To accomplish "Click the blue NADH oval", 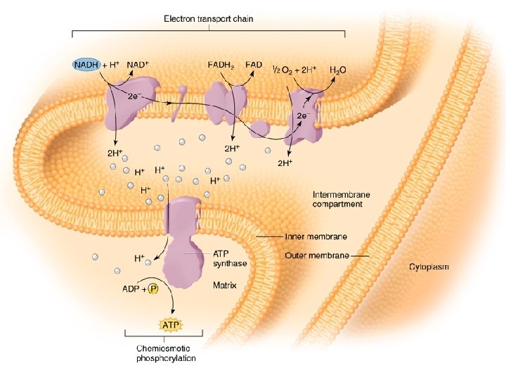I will click(x=87, y=65).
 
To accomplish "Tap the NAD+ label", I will click(x=138, y=65).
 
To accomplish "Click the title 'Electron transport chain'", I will click(x=209, y=19).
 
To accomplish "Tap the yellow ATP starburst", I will click(x=171, y=325).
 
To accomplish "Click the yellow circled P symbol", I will click(x=153, y=289).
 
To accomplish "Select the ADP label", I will click(x=131, y=289).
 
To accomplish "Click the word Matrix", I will click(x=224, y=286).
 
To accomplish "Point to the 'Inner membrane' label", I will click(x=316, y=237).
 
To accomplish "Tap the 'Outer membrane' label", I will click(x=317, y=255).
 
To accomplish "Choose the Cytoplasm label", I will click(x=429, y=267).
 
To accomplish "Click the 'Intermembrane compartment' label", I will click(x=342, y=199).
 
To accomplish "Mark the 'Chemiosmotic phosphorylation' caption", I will click(x=165, y=353).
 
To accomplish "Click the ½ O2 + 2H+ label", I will click(x=294, y=69).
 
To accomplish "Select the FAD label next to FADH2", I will click(x=254, y=65).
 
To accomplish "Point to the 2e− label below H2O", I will click(x=303, y=115).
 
